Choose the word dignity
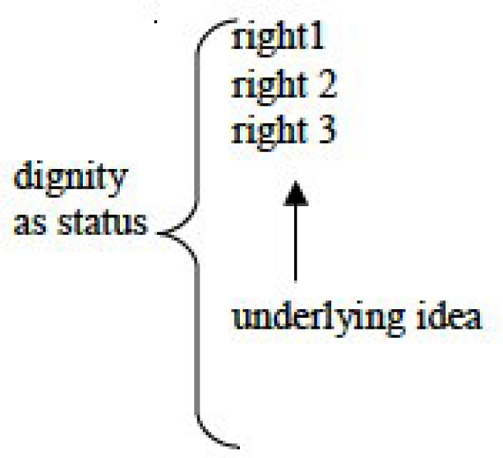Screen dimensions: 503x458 [70, 181]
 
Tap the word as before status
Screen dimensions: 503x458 [29, 223]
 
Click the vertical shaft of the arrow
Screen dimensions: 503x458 [295, 248]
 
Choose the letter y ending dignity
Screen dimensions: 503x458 [115, 184]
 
